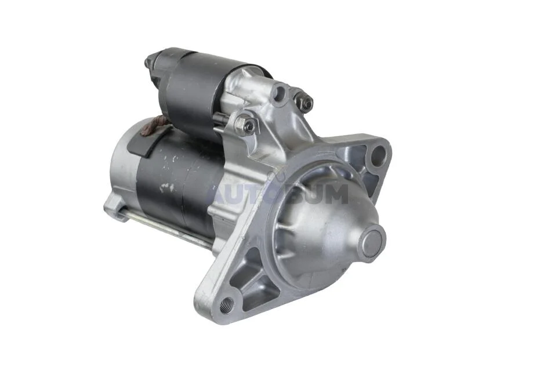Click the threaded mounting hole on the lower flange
[x=226, y=305]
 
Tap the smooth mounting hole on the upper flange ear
[x=379, y=155]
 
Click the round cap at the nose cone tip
[x=372, y=241]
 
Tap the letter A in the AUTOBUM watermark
[x=219, y=195]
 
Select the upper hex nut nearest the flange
[x=303, y=102]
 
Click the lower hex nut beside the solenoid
[x=246, y=123]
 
